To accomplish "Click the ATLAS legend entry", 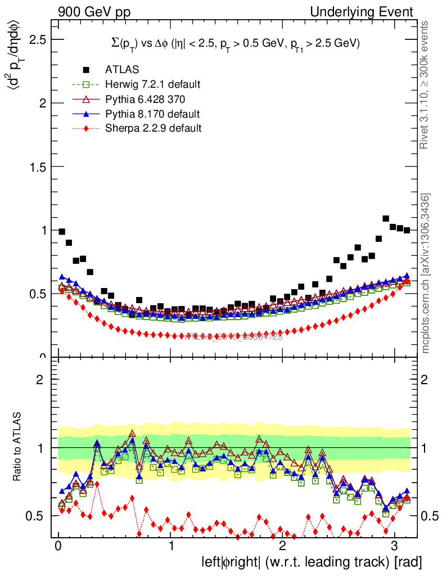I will pos(118,70).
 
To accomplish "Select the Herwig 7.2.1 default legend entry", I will pos(152,84).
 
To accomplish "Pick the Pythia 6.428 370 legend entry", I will pos(145,99).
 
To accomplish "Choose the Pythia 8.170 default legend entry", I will pos(152,114).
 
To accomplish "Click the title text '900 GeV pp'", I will pos(93,12).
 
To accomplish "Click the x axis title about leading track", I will pos(312,561).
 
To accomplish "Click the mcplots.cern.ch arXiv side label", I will pos(426,273).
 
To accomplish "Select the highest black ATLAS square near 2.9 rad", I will pos(386,218).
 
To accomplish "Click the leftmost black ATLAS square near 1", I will pos(62,232).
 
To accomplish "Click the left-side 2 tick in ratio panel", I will pos(39,380).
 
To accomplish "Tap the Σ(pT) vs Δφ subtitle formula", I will pos(235,43).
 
